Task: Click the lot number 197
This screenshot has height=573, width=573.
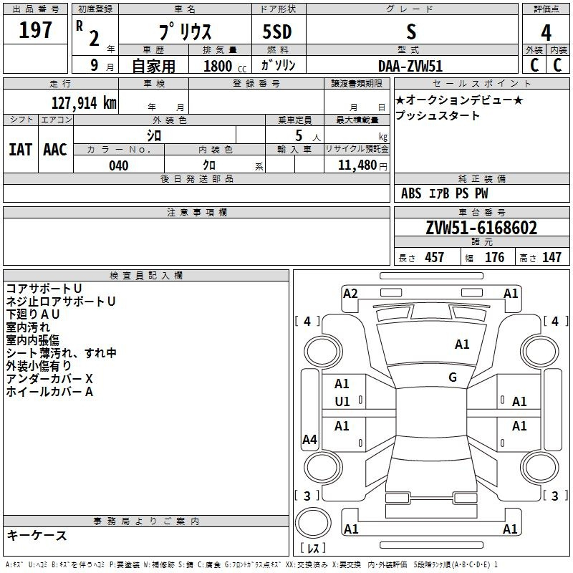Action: pos(35,29)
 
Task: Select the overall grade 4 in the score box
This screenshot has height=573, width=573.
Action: pos(546,33)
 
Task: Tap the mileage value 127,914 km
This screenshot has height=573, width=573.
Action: pos(84,103)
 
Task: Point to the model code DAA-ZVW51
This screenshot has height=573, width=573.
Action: pos(410,66)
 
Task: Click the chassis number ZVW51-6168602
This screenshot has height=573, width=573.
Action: pos(481,228)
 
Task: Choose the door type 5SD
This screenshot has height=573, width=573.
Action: pos(277,32)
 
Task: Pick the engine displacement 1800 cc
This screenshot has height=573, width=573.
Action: pos(225,66)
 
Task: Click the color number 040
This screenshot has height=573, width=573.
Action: pos(119,165)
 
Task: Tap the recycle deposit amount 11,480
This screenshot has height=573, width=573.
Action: pos(357,165)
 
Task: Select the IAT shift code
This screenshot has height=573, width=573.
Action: pos(21,150)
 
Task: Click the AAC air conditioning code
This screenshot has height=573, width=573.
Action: pos(55,150)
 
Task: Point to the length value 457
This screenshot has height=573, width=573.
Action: pos(434,258)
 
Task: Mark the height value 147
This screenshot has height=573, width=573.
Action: pos(552,258)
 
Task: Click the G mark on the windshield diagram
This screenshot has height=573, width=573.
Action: pos(453,377)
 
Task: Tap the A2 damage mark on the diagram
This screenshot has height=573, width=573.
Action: pos(350,294)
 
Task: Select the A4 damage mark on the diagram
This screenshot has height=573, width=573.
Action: pos(309,440)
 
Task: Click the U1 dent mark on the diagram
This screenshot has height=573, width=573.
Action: pos(342,402)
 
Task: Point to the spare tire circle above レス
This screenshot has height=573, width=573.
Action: pos(313,523)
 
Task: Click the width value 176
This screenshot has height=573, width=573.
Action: pos(494,258)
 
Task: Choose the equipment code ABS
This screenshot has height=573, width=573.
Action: pos(411,193)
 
